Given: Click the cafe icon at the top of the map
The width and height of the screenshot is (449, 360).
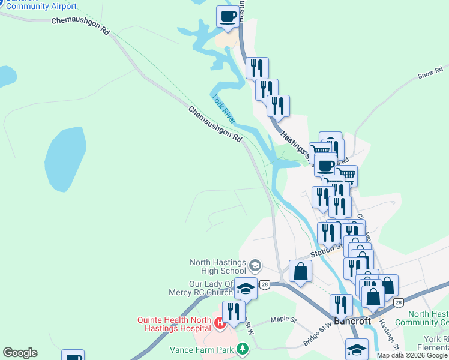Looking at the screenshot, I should pos(227,17).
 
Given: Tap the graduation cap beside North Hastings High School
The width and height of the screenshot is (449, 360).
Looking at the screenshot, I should pos(255,265).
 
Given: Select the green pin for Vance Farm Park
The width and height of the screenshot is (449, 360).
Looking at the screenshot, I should pos(242,348).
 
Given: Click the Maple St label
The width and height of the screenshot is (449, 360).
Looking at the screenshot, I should pos(283,320).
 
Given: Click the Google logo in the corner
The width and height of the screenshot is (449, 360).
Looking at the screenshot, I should pos(20,353).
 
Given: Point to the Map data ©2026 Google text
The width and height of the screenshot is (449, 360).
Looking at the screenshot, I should pos(412,355).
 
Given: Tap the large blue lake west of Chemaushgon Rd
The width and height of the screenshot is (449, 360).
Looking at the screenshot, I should pos(64,159).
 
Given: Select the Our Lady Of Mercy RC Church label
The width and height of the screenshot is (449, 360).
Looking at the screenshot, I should pos(211,288).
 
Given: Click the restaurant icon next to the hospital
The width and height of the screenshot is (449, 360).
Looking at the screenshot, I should pos(233,311).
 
